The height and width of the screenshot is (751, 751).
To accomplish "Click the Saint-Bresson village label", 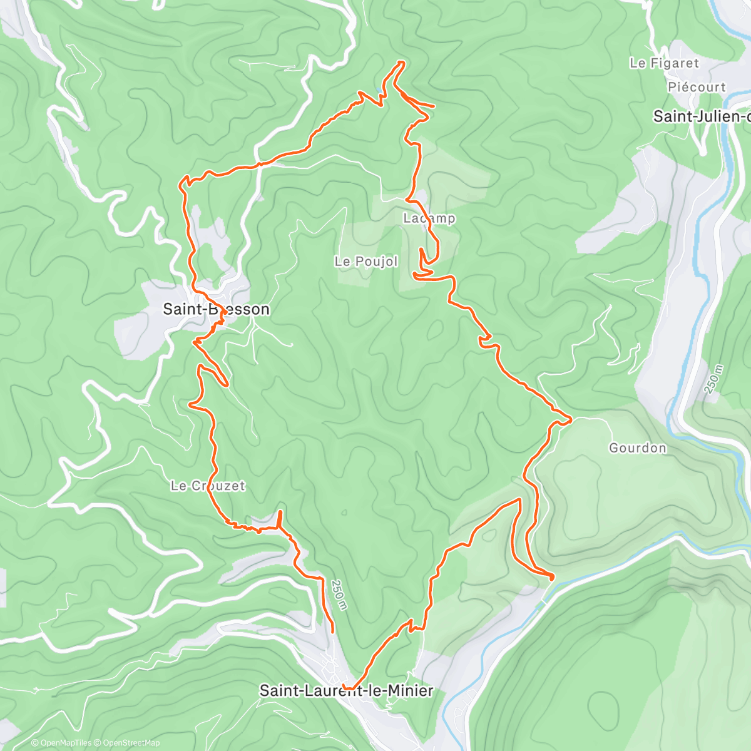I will click(x=216, y=309).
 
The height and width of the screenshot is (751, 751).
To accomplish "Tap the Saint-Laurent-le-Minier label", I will click(x=346, y=691).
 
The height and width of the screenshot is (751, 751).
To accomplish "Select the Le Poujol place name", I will click(x=366, y=262).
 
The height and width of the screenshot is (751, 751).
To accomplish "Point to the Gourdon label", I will click(x=637, y=448).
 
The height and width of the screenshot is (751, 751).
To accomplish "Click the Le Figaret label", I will click(x=664, y=63).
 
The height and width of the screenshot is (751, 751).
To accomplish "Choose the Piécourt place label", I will click(x=696, y=88).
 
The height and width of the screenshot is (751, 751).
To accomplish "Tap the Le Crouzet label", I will click(x=208, y=486).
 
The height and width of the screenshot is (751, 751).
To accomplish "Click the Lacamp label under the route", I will click(x=429, y=218).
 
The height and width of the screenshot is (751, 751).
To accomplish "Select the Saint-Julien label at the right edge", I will click(x=701, y=116).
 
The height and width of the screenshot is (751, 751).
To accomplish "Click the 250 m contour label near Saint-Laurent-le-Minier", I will click(x=338, y=595).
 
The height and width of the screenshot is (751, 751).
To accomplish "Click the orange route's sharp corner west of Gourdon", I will click(x=570, y=417).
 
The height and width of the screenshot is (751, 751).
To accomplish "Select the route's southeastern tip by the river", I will click(x=552, y=577).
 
